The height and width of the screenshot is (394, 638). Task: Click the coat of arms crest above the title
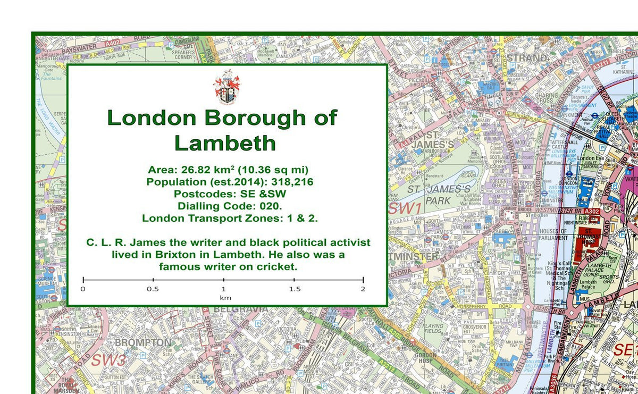click(226, 88)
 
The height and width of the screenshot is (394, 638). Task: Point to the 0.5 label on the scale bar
click(153, 289)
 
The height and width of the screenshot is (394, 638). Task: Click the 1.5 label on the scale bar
click(294, 289)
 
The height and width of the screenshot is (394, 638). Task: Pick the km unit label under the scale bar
click(225, 298)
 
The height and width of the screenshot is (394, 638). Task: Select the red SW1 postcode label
click(405, 208)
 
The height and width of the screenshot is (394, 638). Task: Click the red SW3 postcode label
click(108, 359)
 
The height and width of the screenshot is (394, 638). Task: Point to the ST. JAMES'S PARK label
click(439, 195)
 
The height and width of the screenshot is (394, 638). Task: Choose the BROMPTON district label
click(143, 343)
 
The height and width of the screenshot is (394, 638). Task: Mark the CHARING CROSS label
click(547, 99)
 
